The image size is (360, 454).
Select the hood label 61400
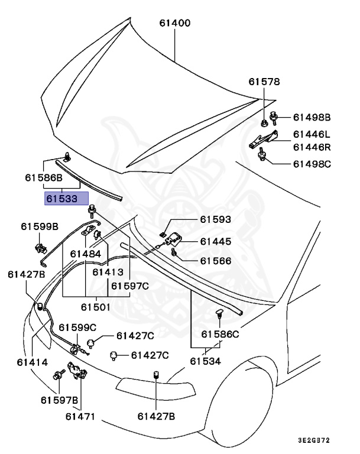(x=175, y=24)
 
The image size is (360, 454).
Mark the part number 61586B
(x=43, y=177)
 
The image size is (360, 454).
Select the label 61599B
(x=40, y=226)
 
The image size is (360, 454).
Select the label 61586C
(x=220, y=335)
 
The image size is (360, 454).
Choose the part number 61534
(x=206, y=361)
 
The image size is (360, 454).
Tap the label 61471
(x=80, y=417)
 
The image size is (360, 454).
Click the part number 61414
(x=23, y=361)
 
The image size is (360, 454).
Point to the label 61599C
(x=77, y=327)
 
